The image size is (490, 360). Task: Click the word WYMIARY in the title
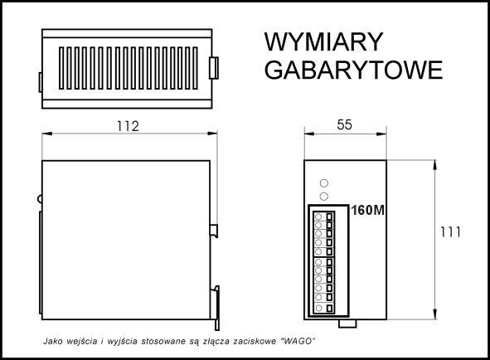tap(323, 41)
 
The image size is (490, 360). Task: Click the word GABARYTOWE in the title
tap(353, 70)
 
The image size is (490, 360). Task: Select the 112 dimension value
tap(128, 126)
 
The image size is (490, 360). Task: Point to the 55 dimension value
tap(344, 124)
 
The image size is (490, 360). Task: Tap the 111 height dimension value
tap(450, 232)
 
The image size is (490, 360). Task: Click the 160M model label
tap(367, 211)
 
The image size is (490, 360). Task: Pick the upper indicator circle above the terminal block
tap(324, 183)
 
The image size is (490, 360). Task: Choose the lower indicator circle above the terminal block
tap(324, 197)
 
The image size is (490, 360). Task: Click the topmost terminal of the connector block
tap(323, 216)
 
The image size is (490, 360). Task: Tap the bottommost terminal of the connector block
tap(323, 308)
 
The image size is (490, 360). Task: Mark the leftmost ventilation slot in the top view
tap(61, 68)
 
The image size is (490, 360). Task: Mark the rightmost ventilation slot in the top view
tap(196, 68)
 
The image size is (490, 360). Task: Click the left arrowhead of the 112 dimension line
tap(47, 134)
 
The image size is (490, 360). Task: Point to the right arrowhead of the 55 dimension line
tap(381, 134)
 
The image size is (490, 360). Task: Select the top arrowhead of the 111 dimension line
tap(435, 165)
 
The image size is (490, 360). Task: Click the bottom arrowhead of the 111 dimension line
tap(435, 314)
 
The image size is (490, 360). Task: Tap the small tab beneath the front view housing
tap(347, 324)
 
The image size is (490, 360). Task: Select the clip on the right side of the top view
tap(214, 68)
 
